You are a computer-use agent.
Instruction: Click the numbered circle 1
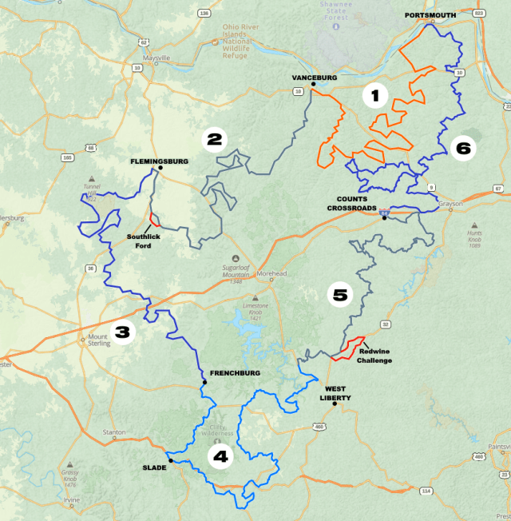[x=374, y=97]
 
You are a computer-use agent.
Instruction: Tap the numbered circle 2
[x=213, y=140]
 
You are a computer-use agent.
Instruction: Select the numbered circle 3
[x=123, y=332]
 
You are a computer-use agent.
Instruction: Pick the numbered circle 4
[x=220, y=456]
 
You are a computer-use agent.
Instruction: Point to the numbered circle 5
[x=340, y=294]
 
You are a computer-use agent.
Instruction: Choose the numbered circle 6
[x=463, y=147]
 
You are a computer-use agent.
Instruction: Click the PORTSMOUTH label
[x=430, y=15]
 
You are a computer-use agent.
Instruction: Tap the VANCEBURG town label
[x=314, y=78]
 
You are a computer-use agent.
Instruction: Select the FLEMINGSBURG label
[x=160, y=161]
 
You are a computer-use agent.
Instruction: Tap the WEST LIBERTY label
[x=335, y=392]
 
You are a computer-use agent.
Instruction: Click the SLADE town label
[x=154, y=468]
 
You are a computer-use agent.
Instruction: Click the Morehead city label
[x=271, y=273]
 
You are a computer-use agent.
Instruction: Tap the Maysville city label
[x=156, y=58]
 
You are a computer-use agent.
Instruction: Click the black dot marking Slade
[x=170, y=460]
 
